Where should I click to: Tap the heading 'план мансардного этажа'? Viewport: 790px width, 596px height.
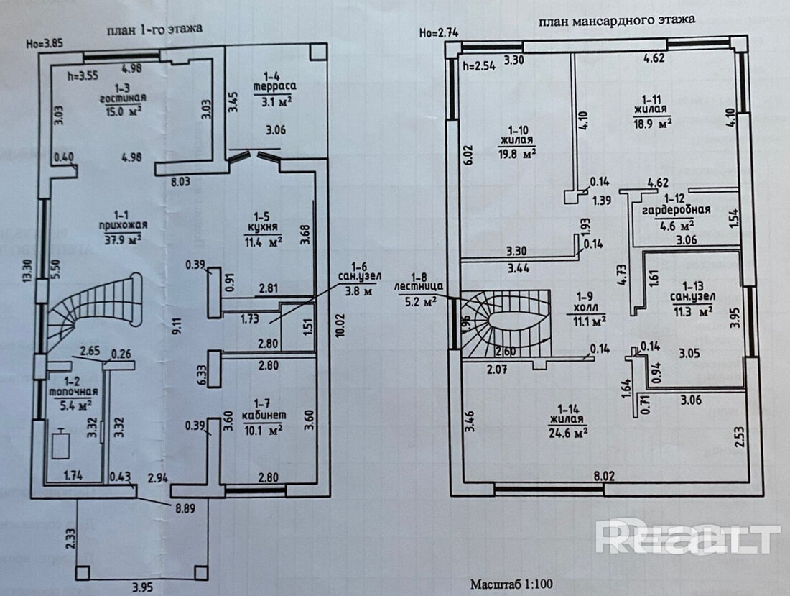(x=616, y=20)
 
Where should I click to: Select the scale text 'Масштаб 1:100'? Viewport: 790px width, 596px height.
(x=512, y=584)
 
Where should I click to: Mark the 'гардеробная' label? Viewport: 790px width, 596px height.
(x=677, y=210)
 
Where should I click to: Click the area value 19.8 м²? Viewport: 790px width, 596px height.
(x=517, y=152)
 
